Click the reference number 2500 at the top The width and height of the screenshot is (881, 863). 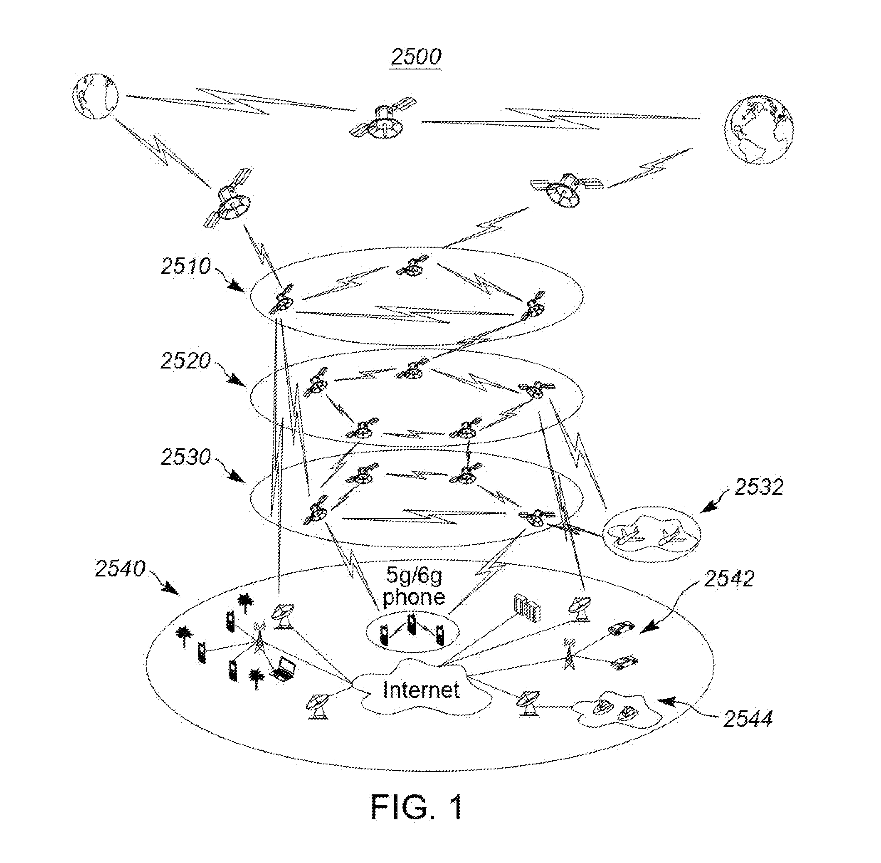416,57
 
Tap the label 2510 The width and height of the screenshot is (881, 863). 186,266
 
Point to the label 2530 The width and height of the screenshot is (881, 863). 186,457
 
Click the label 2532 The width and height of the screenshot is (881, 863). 759,487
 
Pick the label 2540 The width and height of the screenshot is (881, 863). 120,569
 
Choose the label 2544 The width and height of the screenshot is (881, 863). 747,720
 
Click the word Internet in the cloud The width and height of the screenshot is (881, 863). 421,690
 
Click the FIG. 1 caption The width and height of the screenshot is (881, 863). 417,807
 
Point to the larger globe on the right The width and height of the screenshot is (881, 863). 759,130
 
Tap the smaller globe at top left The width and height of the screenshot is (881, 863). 95,96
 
